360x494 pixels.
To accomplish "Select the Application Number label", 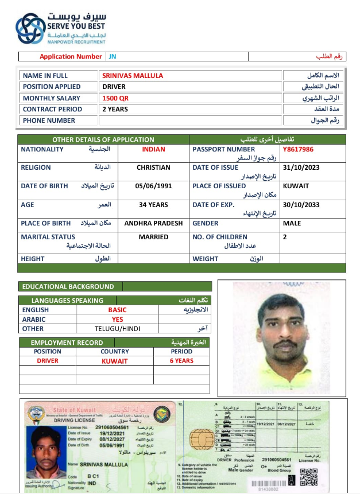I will (71, 56).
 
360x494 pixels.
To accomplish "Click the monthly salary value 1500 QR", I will (115, 98).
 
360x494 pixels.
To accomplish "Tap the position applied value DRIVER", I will (114, 87).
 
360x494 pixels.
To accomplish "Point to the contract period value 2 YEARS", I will (115, 109).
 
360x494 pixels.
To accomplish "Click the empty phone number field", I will (189, 120).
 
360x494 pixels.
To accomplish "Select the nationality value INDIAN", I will (153, 149).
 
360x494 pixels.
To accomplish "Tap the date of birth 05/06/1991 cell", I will (153, 186).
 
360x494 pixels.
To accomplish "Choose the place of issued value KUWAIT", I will (296, 186).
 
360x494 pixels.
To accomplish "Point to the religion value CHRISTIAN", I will (153, 168).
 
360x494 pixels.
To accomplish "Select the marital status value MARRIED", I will (153, 237).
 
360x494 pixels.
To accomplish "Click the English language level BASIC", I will (117, 310).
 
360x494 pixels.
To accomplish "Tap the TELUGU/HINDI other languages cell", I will (117, 329).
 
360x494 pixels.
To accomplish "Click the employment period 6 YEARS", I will (181, 361).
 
